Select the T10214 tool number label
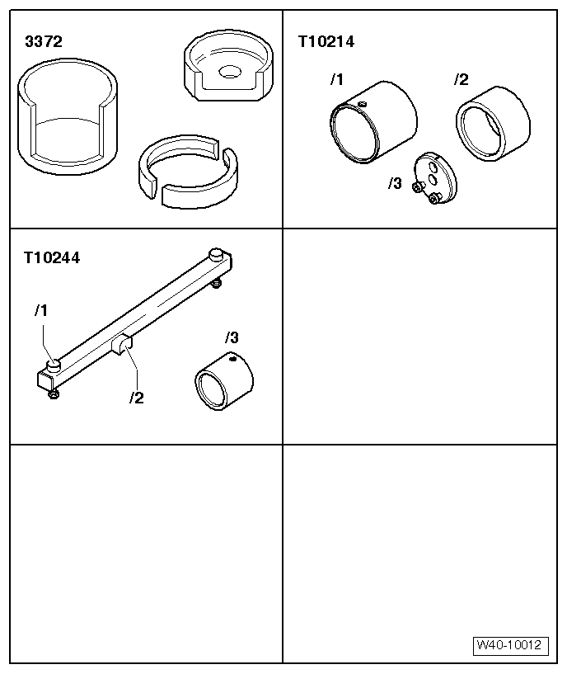click(x=326, y=41)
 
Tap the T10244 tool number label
click(x=53, y=257)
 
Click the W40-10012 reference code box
click(x=510, y=646)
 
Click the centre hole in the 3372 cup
click(x=226, y=71)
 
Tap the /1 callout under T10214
click(x=335, y=80)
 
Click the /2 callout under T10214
click(x=461, y=80)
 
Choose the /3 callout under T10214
click(x=395, y=183)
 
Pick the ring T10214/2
click(x=492, y=124)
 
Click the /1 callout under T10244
click(x=42, y=311)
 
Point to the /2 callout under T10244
click(x=136, y=398)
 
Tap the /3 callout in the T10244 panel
click(x=232, y=337)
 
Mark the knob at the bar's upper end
click(x=216, y=254)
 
